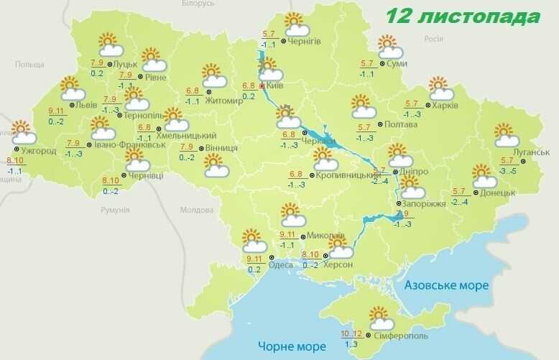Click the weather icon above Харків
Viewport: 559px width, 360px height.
click(441, 90)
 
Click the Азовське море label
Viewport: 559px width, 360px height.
click(446, 285)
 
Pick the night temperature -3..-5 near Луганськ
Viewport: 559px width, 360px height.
click(509, 171)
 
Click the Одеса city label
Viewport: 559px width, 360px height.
click(280, 265)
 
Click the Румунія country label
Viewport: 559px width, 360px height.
click(115, 210)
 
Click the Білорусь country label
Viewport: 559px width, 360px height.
click(198, 4)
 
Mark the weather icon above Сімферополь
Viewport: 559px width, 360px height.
click(377, 318)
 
